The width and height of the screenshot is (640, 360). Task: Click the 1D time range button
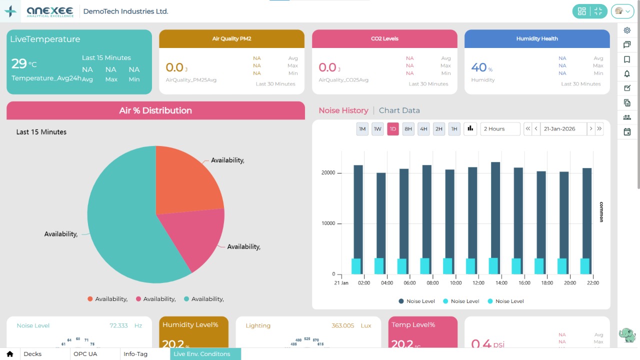pos(393,129)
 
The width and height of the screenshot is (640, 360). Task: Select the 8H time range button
pos(408,129)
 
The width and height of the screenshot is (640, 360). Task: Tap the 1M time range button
pos(362,129)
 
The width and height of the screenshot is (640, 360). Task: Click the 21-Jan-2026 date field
pos(563,129)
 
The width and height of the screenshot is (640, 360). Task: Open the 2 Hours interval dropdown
pos(500,129)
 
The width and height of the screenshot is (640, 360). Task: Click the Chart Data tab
pos(399,110)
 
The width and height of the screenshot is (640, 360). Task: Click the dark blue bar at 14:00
pos(495,210)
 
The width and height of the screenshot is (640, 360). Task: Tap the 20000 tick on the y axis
pos(328,173)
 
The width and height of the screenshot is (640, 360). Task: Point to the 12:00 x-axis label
pos(478,283)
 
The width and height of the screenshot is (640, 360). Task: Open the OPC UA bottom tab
pos(85,354)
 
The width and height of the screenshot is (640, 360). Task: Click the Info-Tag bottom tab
pos(135,354)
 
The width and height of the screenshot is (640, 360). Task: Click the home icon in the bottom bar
pos(9,354)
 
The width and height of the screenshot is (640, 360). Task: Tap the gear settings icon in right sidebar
pos(627,30)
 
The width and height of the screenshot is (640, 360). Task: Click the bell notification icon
pos(627,74)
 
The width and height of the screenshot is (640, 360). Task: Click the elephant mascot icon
pos(627,335)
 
